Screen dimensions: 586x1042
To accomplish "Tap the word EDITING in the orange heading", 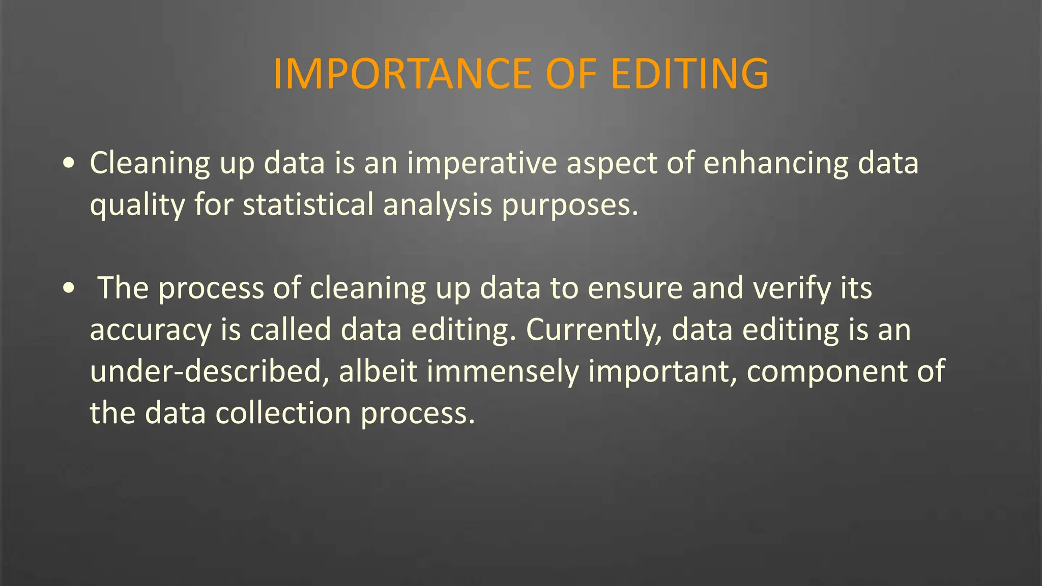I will [x=689, y=74].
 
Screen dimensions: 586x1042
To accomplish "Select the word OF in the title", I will [x=571, y=74].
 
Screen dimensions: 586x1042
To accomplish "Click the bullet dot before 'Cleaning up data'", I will [x=69, y=163].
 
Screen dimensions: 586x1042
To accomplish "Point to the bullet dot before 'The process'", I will [x=69, y=288].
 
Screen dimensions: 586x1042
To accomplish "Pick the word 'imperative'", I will [x=482, y=163].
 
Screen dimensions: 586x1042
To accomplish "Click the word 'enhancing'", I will [x=776, y=163].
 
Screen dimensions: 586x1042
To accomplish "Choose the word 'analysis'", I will [x=438, y=205].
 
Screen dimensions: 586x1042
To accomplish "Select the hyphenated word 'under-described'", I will [x=210, y=371].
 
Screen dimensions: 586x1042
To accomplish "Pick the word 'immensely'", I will [x=503, y=371].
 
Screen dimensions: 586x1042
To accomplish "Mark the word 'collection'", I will [x=283, y=413].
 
